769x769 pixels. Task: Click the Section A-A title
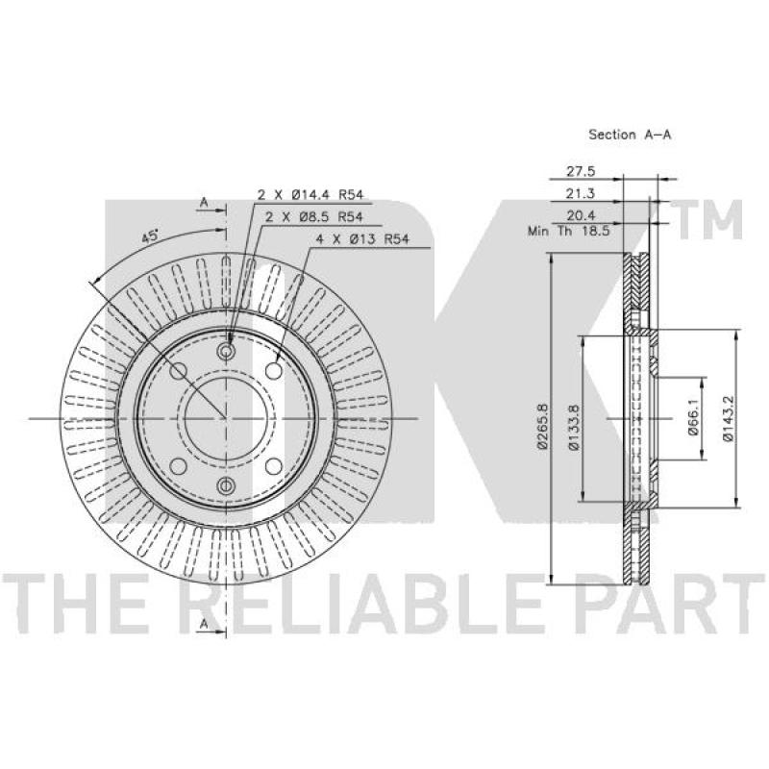pyautogui.click(x=629, y=136)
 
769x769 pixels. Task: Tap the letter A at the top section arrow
pyautogui.click(x=204, y=203)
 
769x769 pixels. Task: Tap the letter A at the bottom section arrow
pyautogui.click(x=204, y=625)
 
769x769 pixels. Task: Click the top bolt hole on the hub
pyautogui.click(x=226, y=352)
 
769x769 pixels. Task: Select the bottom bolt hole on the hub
pyautogui.click(x=226, y=484)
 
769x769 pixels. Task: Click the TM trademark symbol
pyautogui.click(x=712, y=222)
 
